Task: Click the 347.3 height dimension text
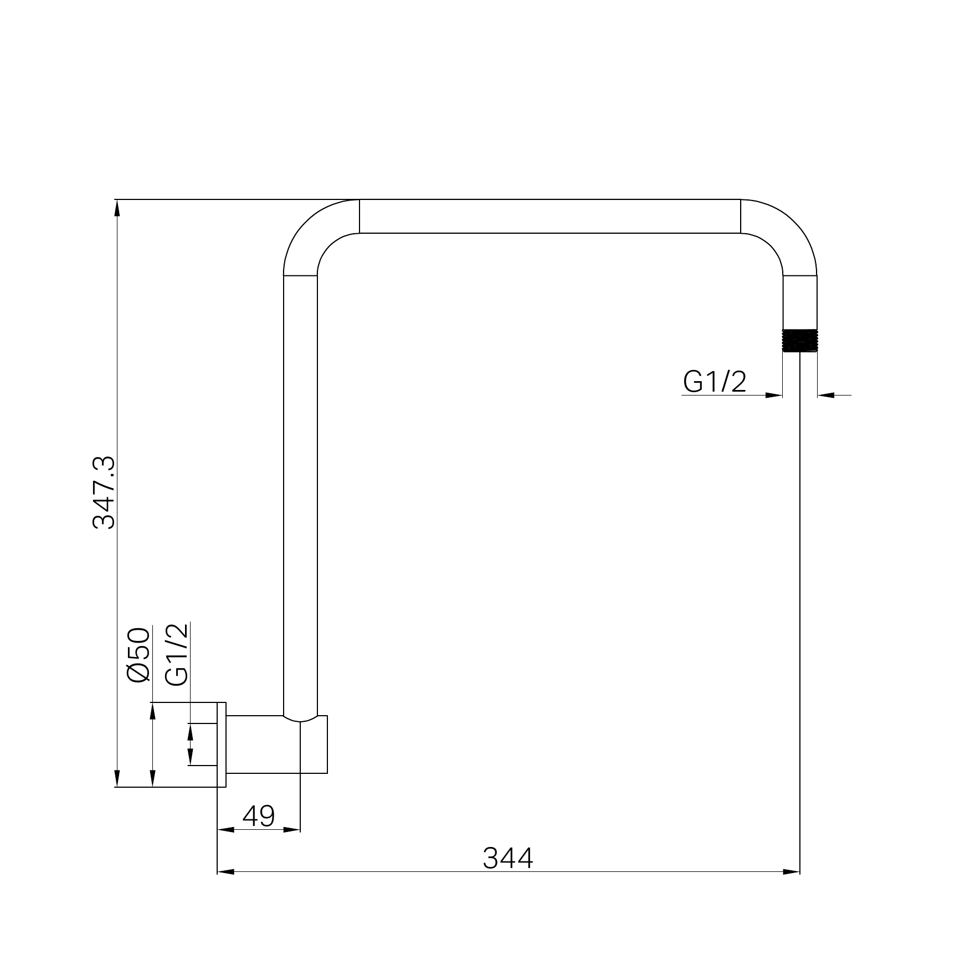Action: (x=104, y=492)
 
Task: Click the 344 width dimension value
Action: (x=507, y=858)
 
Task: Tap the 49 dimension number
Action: (x=259, y=815)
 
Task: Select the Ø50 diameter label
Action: (x=138, y=655)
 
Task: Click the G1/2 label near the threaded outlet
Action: (x=715, y=382)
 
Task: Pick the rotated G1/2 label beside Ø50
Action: (x=177, y=655)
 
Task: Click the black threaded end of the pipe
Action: (x=800, y=340)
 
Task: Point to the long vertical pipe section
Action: (x=300, y=493)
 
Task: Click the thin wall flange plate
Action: (x=222, y=745)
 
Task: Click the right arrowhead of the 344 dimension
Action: (x=792, y=872)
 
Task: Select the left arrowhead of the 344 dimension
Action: (x=225, y=872)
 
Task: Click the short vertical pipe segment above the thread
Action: (x=800, y=302)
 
